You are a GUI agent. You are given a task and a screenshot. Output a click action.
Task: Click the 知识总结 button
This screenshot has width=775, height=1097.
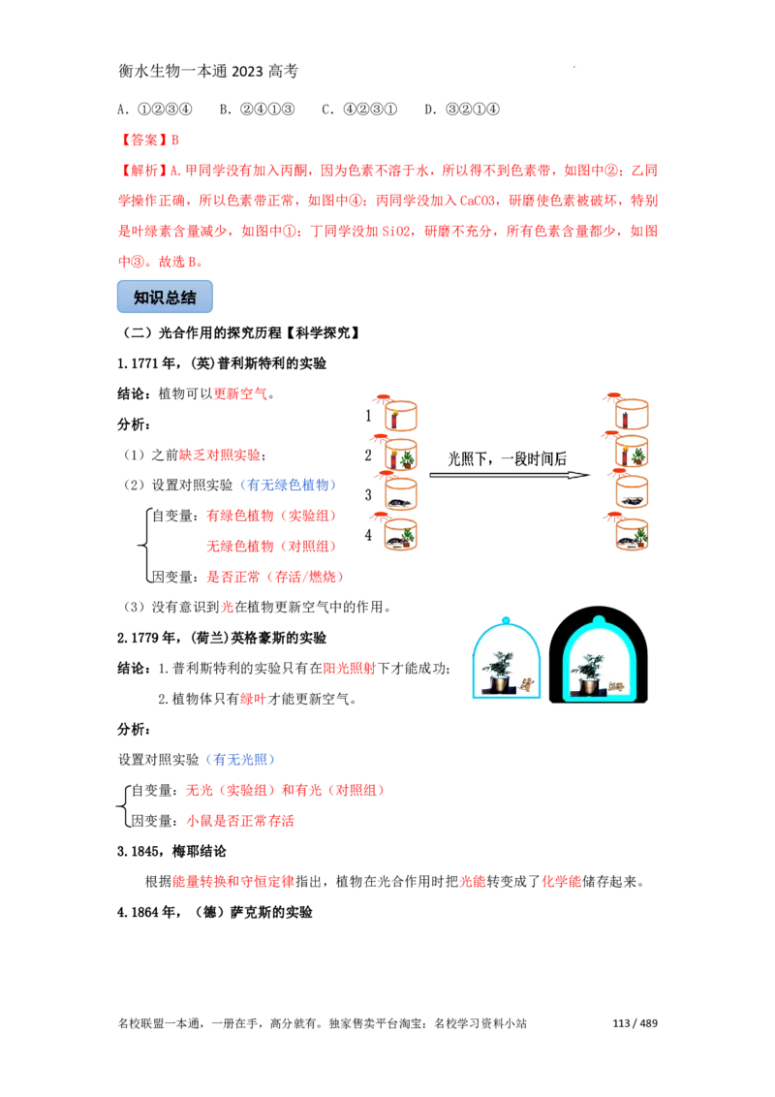(x=166, y=298)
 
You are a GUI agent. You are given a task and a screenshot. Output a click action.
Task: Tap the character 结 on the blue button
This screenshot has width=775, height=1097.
(x=188, y=298)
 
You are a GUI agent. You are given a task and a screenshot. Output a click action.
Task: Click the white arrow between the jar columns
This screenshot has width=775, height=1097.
(x=507, y=476)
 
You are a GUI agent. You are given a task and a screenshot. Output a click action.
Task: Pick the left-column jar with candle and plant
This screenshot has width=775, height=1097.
(x=400, y=455)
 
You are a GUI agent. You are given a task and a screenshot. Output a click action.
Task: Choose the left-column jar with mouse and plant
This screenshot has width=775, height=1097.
(x=400, y=535)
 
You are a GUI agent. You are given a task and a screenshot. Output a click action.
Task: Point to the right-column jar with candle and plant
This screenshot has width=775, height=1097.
(x=632, y=454)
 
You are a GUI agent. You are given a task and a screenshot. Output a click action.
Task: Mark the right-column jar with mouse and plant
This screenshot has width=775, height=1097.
(x=632, y=535)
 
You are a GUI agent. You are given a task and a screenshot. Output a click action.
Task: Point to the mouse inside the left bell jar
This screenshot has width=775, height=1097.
(x=526, y=685)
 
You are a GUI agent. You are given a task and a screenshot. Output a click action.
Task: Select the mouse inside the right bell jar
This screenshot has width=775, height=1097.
(x=615, y=686)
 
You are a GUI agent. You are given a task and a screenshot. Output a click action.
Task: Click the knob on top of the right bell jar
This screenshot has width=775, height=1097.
(x=599, y=620)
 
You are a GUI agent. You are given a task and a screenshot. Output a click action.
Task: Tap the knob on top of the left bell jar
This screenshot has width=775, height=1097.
(x=505, y=618)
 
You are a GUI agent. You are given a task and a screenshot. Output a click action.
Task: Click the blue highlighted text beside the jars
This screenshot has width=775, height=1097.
(x=289, y=485)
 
